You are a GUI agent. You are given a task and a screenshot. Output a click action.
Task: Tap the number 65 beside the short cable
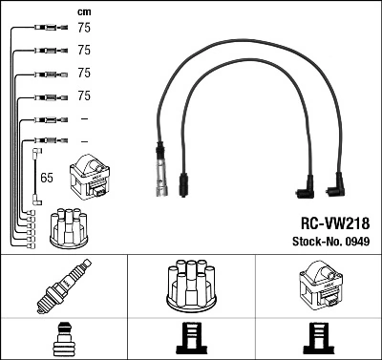coord(46,178)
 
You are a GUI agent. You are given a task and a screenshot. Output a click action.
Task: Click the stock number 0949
coord(354,242)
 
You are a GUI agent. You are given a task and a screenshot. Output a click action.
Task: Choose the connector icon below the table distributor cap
coord(190,339)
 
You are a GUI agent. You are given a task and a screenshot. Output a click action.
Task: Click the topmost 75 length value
coord(84,29)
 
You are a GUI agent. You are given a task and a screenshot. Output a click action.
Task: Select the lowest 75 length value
coord(84,95)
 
